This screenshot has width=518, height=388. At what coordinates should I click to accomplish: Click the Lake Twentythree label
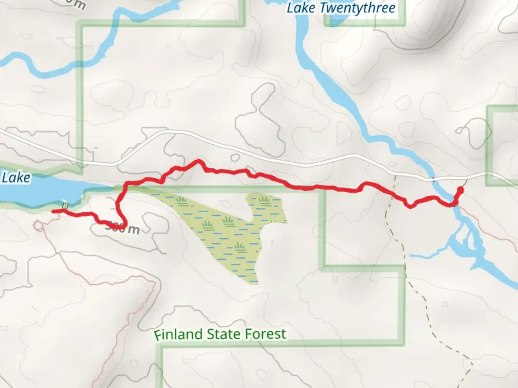tap(341, 8)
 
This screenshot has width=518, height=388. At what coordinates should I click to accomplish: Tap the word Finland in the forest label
tap(178, 334)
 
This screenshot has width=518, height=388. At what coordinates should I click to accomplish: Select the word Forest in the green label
tap(265, 334)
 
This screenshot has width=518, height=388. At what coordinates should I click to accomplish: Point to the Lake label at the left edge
tap(16, 177)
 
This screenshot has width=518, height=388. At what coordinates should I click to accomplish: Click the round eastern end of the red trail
tap(460, 190)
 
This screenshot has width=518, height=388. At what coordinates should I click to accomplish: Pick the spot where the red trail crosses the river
tap(453, 204)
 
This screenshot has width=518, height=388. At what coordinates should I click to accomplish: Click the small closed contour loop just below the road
tap(235, 157)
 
